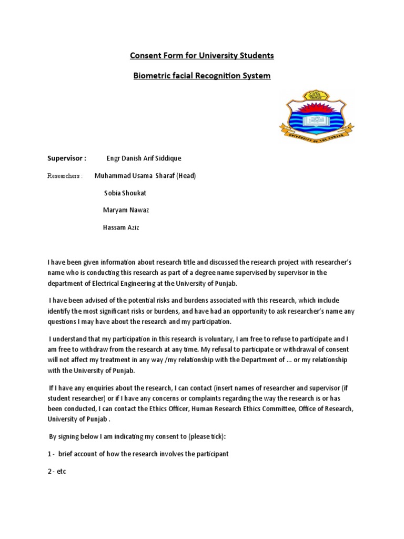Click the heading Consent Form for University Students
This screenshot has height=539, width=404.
click(x=202, y=55)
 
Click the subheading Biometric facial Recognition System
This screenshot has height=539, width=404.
click(x=202, y=76)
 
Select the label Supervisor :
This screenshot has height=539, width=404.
click(x=67, y=158)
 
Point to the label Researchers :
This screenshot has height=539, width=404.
click(x=65, y=176)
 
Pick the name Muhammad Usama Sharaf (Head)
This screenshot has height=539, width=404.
click(x=145, y=176)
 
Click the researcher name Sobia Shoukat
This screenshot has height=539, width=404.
click(x=126, y=193)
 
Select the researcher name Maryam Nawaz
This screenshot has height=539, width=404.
click(x=126, y=210)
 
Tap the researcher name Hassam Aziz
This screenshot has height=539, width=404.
click(x=120, y=227)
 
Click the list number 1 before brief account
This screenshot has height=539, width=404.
click(x=49, y=454)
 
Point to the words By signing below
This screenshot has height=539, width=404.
click(x=74, y=436)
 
